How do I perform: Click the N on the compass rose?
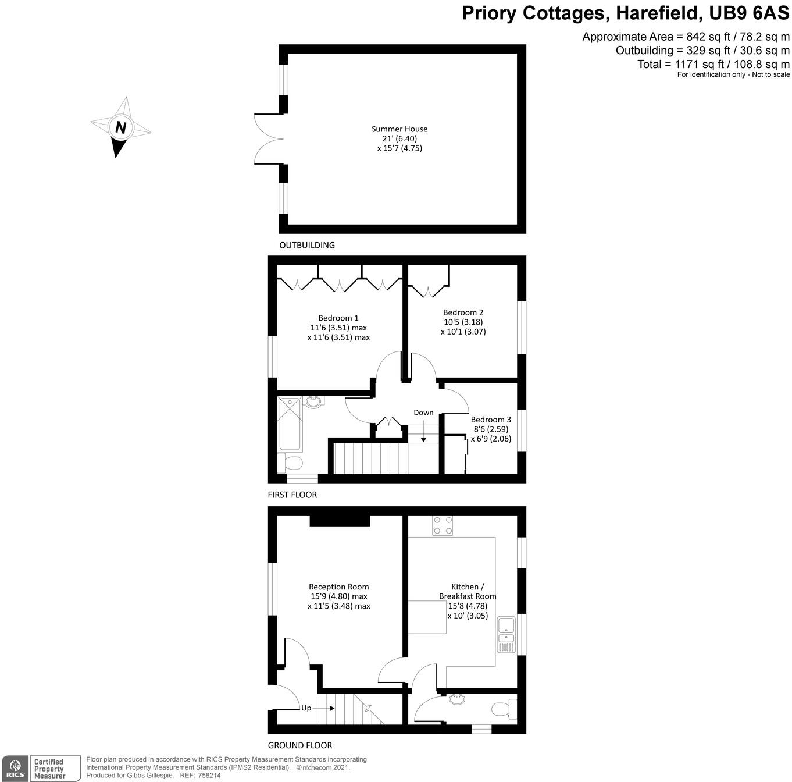coord(120,127)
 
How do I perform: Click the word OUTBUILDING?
coord(307,245)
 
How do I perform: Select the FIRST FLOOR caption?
coord(292,495)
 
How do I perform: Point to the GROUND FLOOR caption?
coord(299,745)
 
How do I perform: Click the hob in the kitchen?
coord(443,525)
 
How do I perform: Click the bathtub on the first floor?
coord(290,424)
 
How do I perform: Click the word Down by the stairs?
coord(423,413)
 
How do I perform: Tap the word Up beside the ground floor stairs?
coord(306,708)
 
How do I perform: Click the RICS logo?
coord(15,768)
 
